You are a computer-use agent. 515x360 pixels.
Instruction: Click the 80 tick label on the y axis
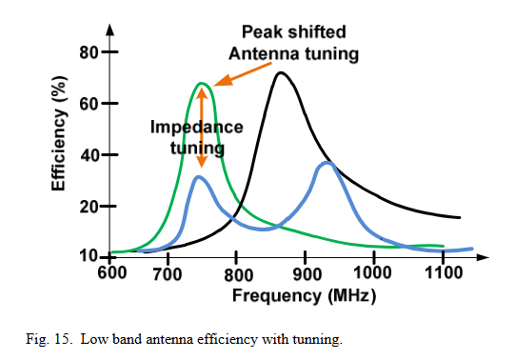click(x=89, y=52)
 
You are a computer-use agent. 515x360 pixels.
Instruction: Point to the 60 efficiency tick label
click(x=89, y=104)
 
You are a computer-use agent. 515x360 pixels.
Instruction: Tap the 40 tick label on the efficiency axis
click(x=90, y=155)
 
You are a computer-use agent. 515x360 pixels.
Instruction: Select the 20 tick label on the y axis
click(x=89, y=207)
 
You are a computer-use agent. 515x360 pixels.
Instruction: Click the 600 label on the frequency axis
click(x=112, y=272)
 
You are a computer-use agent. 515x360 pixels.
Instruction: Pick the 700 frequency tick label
click(x=168, y=274)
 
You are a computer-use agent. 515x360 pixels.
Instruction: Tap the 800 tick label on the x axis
click(x=238, y=275)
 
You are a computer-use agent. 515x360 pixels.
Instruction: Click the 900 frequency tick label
click(x=307, y=274)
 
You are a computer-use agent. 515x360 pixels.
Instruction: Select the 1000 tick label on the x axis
click(x=372, y=272)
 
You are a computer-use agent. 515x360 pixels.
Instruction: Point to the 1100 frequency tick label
click(x=444, y=272)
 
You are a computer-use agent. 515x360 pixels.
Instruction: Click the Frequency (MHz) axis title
click(x=304, y=295)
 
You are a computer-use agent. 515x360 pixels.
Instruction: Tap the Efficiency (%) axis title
click(x=59, y=133)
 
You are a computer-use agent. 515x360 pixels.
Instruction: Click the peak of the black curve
click(x=281, y=72)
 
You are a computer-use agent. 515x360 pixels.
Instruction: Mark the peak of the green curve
click(x=202, y=83)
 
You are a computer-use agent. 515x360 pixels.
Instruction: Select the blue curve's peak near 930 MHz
click(x=327, y=163)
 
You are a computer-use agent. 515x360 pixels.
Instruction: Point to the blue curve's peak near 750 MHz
click(x=198, y=177)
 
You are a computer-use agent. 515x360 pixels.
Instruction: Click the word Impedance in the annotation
click(x=197, y=128)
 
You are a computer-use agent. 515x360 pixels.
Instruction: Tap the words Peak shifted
click(x=294, y=31)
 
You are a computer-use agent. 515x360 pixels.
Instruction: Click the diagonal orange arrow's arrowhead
click(x=223, y=81)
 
